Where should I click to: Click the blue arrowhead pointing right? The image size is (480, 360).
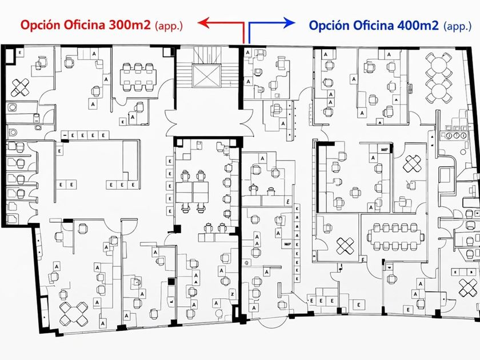290,23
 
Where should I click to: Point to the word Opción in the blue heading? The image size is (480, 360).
329,25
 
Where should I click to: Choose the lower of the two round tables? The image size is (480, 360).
438,90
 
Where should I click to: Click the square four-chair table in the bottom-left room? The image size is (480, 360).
73,313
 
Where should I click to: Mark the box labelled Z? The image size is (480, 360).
233,293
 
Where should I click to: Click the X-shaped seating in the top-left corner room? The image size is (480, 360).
22,87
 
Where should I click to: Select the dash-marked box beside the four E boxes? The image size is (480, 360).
65,135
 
